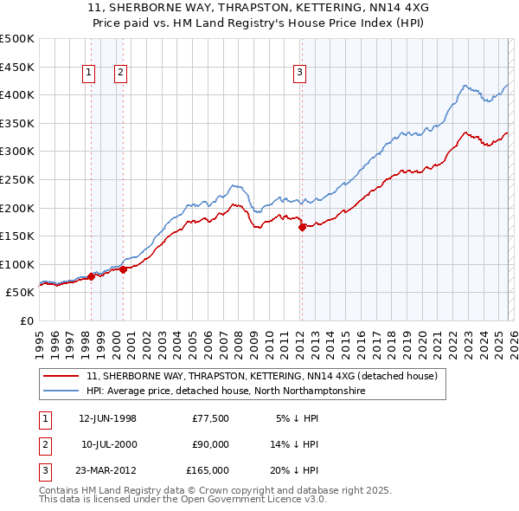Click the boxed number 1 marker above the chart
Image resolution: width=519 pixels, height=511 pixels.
click(x=91, y=74)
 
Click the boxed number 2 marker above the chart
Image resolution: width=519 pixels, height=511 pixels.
click(x=120, y=74)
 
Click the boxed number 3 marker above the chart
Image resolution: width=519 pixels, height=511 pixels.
click(x=299, y=74)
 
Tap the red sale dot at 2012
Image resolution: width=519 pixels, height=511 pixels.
click(x=302, y=228)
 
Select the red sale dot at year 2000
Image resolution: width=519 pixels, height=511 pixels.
click(x=123, y=269)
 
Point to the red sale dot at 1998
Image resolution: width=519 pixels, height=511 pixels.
click(x=92, y=277)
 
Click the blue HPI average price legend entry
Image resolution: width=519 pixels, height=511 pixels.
click(x=226, y=391)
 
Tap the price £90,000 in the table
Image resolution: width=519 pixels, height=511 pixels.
click(x=210, y=444)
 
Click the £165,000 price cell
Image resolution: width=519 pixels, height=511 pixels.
click(x=208, y=470)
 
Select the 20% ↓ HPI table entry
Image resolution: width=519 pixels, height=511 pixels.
click(x=293, y=470)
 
